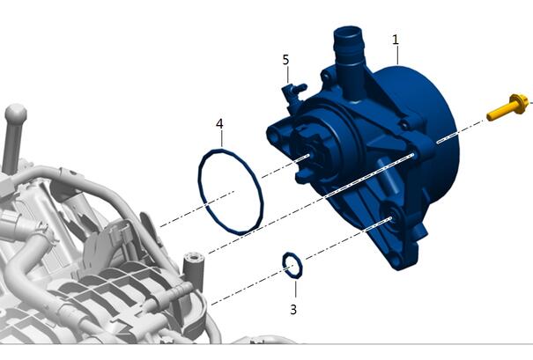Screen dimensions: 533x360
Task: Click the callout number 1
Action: pos(395,40)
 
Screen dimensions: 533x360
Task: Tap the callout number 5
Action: pos(285,60)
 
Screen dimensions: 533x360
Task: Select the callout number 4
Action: pos(219,123)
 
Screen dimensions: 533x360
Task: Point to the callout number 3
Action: pos(293,310)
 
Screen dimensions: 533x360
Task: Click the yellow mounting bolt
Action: pos(507,107)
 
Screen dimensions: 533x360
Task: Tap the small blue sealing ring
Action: pos(292,266)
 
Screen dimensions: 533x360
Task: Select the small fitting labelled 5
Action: pos(293,94)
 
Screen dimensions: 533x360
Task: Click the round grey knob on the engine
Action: pos(16,114)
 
